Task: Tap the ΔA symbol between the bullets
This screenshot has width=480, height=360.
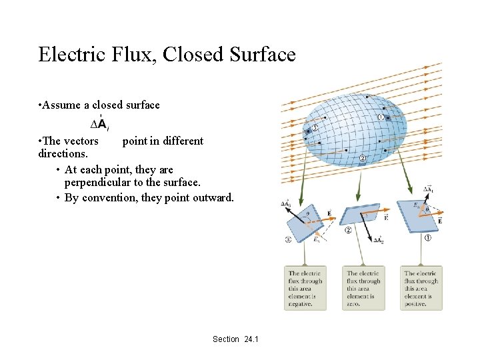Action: pos(99,123)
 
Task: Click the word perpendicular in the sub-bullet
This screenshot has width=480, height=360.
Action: pos(99,182)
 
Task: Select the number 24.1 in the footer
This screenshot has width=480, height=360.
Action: pos(251,339)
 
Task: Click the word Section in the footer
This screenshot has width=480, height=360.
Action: pos(226,339)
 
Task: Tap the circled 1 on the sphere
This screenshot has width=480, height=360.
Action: pos(380,117)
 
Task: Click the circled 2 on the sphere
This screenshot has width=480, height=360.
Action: pos(362,159)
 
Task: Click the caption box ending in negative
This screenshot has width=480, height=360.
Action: pos(305,288)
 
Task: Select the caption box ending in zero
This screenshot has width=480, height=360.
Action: pos(363,288)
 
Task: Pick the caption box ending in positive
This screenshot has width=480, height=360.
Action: pos(421,288)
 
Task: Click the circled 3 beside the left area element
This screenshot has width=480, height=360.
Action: pos(289,239)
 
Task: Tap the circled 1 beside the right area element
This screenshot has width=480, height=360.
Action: pos(427,238)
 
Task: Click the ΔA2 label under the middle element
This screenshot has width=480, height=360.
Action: pos(379,240)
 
